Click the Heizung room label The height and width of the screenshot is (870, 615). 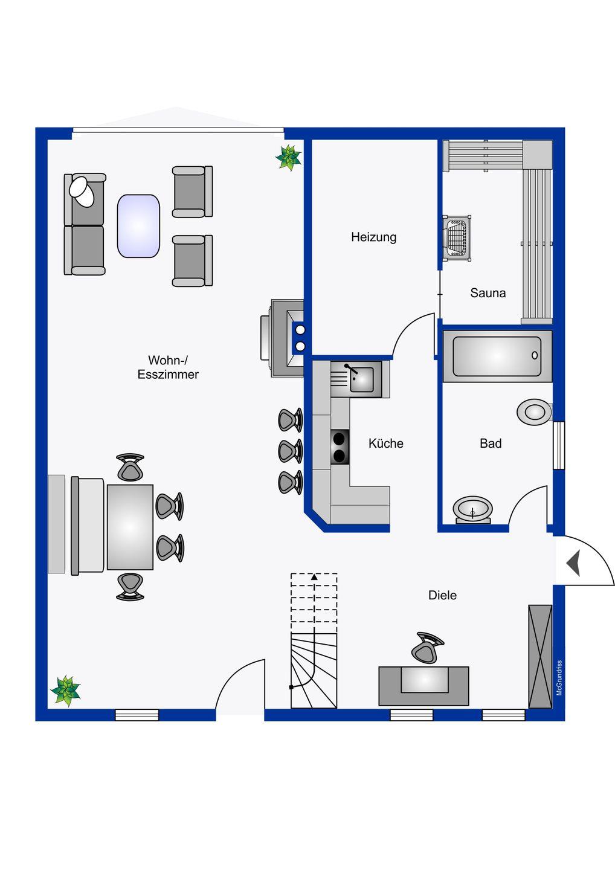[x=373, y=237]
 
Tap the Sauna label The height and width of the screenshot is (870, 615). [x=488, y=293]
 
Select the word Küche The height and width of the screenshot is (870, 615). [x=385, y=443]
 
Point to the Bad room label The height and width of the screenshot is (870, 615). [x=490, y=443]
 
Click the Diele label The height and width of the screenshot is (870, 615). [x=442, y=595]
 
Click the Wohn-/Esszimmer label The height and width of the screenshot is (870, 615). [x=168, y=367]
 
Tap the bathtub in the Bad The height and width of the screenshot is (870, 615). [x=497, y=356]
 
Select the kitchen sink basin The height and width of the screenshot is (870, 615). [x=362, y=379]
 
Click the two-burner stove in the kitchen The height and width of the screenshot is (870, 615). [x=340, y=446]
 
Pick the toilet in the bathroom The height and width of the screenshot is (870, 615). [x=534, y=412]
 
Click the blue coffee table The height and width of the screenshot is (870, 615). [x=138, y=226]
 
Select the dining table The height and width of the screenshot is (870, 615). [x=130, y=527]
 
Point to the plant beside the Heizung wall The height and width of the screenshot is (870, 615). [x=289, y=157]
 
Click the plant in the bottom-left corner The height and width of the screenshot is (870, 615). [x=65, y=690]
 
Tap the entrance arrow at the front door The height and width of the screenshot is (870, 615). [x=574, y=563]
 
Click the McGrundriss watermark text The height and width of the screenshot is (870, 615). [x=559, y=678]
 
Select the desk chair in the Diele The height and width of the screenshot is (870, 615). [x=427, y=648]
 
